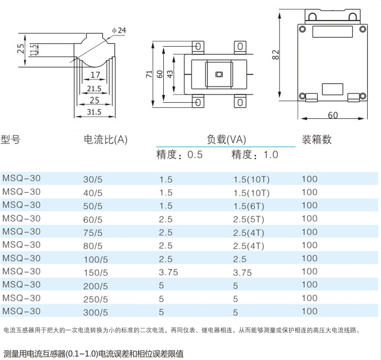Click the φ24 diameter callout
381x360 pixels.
[x=119, y=29]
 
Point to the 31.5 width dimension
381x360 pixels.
[x=94, y=112]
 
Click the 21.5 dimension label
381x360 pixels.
[x=93, y=88]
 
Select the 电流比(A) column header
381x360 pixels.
[x=105, y=139]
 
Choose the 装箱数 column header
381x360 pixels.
[x=317, y=139]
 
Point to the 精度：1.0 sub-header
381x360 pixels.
[x=254, y=154]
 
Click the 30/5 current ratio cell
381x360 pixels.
[x=93, y=180]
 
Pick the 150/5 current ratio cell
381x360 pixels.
[x=95, y=272]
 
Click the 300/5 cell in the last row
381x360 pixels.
[x=95, y=312]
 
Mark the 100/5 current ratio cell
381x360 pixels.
[x=95, y=259]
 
